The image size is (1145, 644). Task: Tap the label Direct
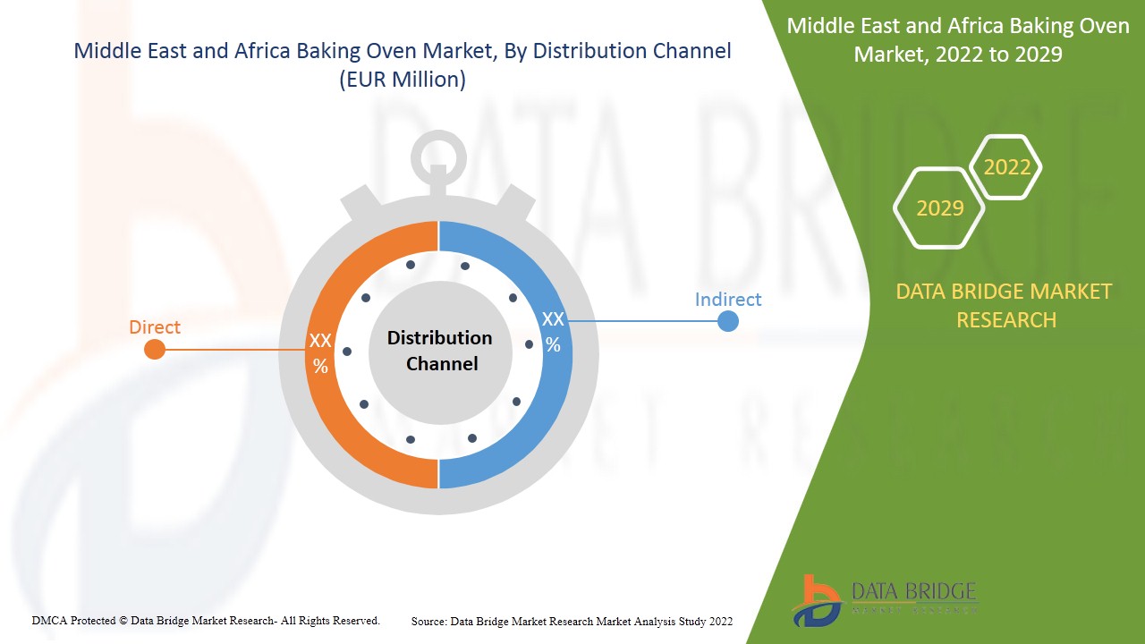tap(155, 327)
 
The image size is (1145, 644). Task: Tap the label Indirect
tap(728, 299)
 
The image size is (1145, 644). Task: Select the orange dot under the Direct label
tap(155, 349)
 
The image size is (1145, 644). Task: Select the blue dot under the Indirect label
tap(728, 320)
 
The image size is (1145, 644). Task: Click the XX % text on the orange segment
tap(320, 353)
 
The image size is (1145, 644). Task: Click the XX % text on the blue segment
tap(553, 332)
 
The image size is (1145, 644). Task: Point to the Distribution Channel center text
tap(439, 351)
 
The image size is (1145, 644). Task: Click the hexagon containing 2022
tap(1006, 167)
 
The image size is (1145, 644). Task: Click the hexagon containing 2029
tap(939, 208)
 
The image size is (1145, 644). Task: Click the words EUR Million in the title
tap(403, 79)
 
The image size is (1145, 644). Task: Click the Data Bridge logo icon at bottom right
tap(816, 599)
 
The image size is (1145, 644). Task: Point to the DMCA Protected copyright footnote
tap(206, 620)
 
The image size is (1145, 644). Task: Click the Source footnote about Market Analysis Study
tap(572, 621)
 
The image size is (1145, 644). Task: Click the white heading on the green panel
tap(957, 40)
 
